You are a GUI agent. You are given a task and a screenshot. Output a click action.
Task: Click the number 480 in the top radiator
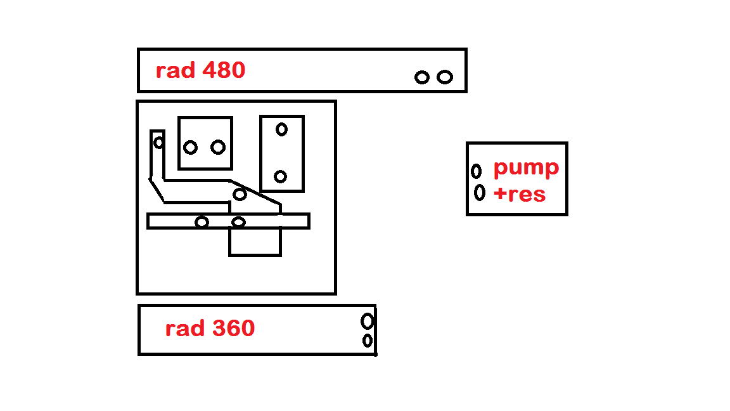(223, 70)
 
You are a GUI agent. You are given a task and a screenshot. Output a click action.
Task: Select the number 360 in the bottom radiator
(233, 329)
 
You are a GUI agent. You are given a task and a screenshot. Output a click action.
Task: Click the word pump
(526, 168)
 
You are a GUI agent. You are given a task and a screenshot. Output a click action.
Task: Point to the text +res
(519, 193)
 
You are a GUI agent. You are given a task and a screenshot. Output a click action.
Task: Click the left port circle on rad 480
(422, 77)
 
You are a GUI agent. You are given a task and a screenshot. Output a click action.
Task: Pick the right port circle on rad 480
(445, 77)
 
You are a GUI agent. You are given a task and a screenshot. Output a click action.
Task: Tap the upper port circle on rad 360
(367, 321)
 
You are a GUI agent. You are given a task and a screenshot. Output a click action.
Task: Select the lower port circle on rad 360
(368, 341)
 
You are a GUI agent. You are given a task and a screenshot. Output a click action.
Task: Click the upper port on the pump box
(476, 171)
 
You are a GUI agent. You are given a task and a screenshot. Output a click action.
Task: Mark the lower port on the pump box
(480, 192)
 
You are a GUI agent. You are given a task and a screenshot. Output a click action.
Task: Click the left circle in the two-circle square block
(190, 148)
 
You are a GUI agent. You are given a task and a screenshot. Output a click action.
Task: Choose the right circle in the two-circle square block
(218, 147)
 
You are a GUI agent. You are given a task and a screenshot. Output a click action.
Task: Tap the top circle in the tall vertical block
(281, 129)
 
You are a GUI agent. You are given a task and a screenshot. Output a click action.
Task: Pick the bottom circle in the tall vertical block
(281, 176)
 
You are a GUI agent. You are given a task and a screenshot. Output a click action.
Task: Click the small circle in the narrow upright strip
(158, 143)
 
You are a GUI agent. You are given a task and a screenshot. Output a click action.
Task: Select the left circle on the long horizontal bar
(202, 222)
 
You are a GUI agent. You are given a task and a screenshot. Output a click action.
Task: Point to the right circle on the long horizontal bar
(238, 222)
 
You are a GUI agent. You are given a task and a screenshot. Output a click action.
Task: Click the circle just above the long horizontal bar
(240, 194)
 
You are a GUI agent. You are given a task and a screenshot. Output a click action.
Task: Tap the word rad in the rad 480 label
(176, 70)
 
